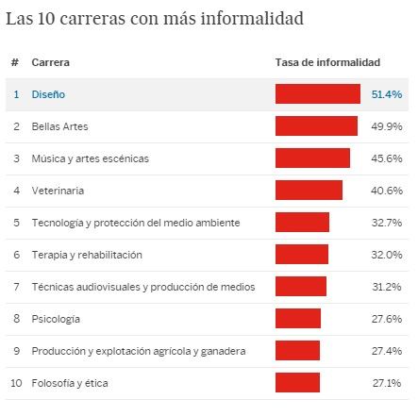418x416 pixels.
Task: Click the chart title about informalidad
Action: pyautogui.click(x=155, y=19)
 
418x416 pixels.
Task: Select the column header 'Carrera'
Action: pyautogui.click(x=50, y=63)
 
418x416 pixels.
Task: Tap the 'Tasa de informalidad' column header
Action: pyautogui.click(x=327, y=63)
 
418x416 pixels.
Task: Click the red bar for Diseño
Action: pyautogui.click(x=317, y=94)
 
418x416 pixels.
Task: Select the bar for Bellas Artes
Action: pyautogui.click(x=316, y=125)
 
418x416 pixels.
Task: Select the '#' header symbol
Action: pyautogui.click(x=15, y=63)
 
